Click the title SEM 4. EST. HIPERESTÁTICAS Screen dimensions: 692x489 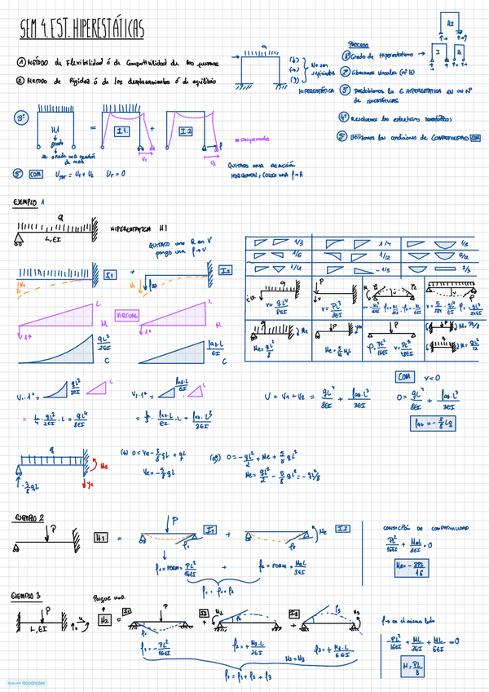point(81,30)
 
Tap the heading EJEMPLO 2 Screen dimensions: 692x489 point(30,518)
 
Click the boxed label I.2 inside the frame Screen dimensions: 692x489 point(183,131)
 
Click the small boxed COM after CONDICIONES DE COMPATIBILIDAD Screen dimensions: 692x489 point(474,138)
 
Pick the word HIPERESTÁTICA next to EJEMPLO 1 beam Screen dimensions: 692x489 point(139,229)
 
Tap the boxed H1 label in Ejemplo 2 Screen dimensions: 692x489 point(101,538)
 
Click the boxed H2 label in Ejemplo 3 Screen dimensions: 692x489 point(104,621)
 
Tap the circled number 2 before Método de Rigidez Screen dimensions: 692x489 point(20,81)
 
